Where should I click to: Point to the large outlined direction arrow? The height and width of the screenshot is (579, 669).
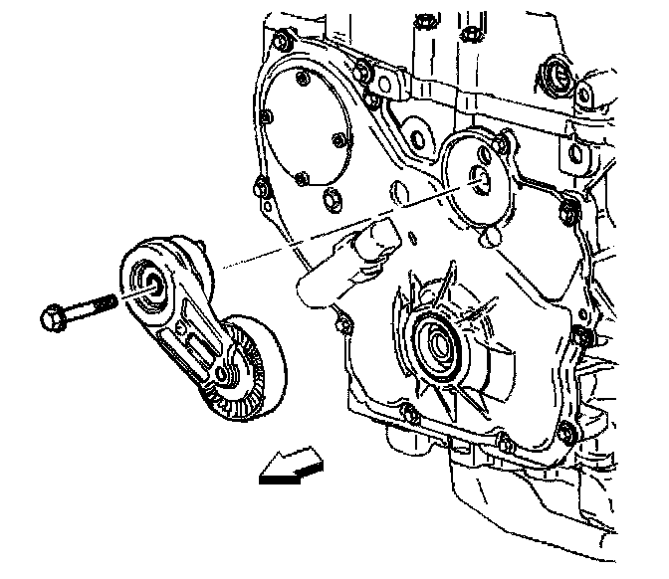point(290,465)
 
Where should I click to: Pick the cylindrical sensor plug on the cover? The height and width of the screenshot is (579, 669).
point(379,238)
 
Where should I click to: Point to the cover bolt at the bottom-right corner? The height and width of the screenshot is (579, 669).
point(566,431)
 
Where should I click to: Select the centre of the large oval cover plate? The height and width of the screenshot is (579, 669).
point(309,124)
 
